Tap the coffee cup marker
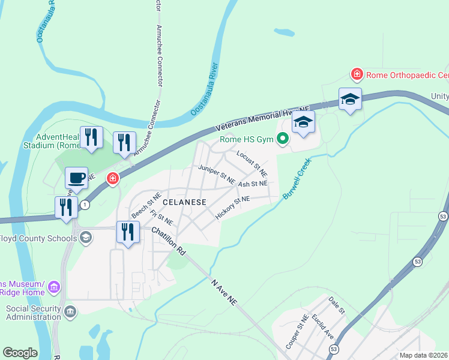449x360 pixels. (76, 178)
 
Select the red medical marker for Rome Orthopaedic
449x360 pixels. (357, 74)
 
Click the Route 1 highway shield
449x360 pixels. (86, 205)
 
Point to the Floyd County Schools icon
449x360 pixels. (86, 238)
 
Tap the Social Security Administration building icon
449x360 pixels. (70, 311)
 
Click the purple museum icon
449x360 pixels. (55, 287)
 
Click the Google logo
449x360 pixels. (20, 353)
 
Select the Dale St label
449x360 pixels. (337, 304)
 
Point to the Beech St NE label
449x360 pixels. (146, 206)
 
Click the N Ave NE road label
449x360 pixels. (226, 292)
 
